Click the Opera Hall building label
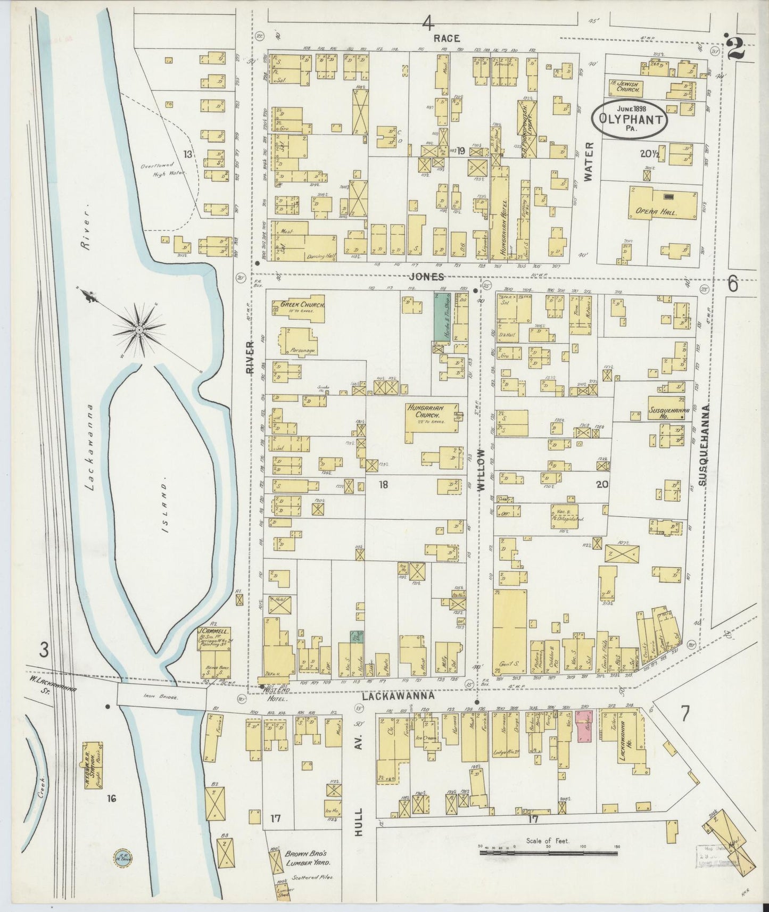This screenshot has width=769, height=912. click(662, 212)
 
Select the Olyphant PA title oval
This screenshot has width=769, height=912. click(631, 119)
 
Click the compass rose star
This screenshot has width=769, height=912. click(139, 329)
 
